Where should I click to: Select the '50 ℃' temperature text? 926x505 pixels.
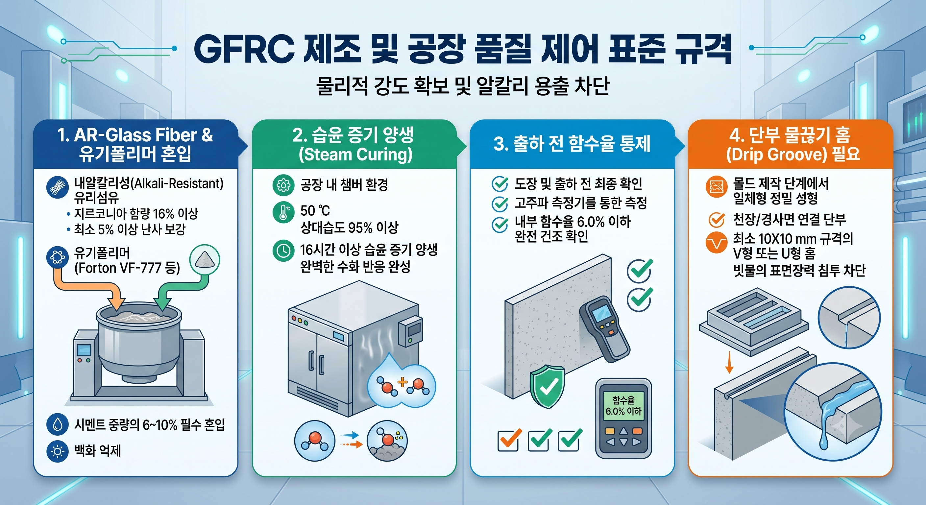coord(315,210)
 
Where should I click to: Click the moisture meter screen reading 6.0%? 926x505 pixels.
coord(624,406)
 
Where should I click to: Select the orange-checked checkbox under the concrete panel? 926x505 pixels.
coord(508,440)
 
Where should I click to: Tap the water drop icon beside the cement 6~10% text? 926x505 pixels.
coord(58,424)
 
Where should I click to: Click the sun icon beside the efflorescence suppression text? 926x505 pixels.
coord(58,451)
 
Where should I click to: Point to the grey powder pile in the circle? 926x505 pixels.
coord(204,259)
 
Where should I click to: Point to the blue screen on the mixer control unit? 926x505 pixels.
coord(84,350)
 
